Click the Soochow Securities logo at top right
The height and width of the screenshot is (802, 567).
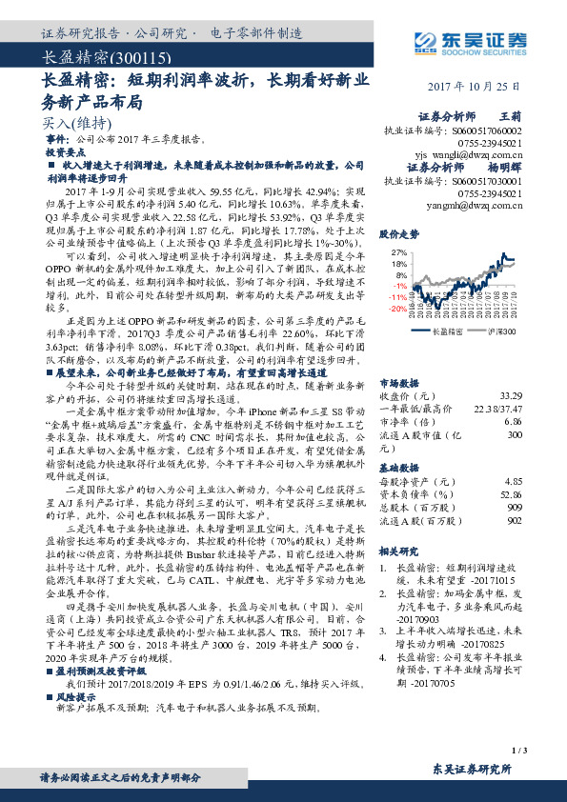coord(471,41)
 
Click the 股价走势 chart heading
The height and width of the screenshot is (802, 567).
coord(399,233)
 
